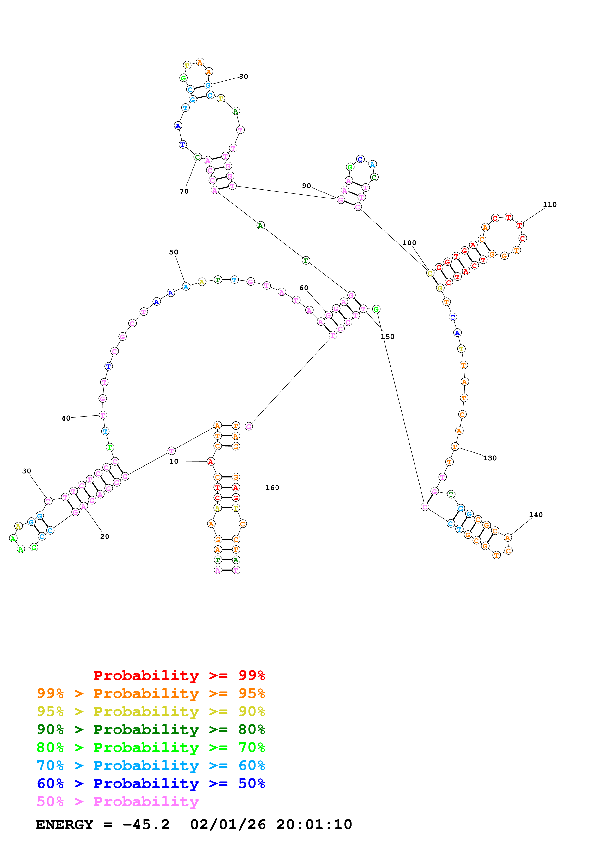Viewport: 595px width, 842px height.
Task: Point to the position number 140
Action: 536,515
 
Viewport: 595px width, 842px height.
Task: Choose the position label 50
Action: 174,252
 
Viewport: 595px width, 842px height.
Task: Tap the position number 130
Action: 490,458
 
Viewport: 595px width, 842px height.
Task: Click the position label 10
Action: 174,461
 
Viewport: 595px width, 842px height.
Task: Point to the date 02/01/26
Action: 228,825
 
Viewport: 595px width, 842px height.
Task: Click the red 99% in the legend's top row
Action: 252,675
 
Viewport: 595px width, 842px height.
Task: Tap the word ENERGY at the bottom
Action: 65,825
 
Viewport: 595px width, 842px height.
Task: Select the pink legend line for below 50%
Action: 118,802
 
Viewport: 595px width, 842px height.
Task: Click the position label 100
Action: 409,242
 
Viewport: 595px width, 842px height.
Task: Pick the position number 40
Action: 66,418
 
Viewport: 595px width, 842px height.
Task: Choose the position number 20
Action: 105,536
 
